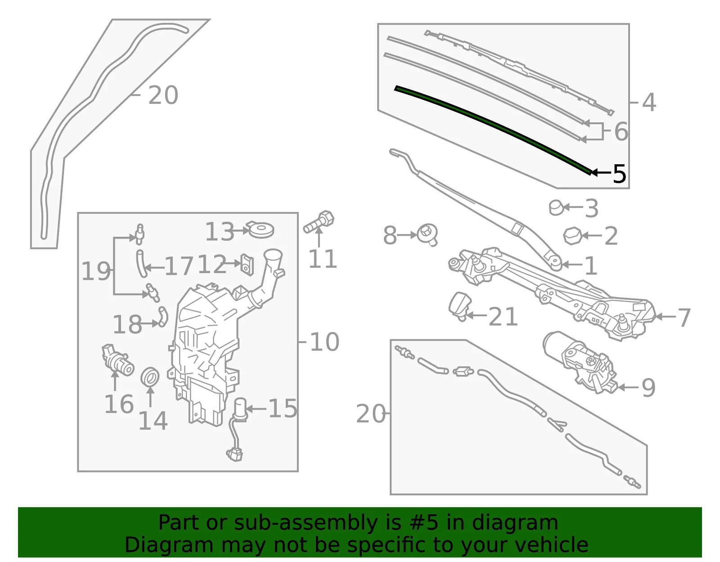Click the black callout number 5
coord(619,174)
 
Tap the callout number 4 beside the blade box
coord(649,102)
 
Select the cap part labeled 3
coord(556,207)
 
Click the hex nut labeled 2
coord(572,236)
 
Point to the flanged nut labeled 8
coord(427,235)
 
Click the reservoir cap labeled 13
coord(261,229)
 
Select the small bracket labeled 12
coord(247,264)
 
